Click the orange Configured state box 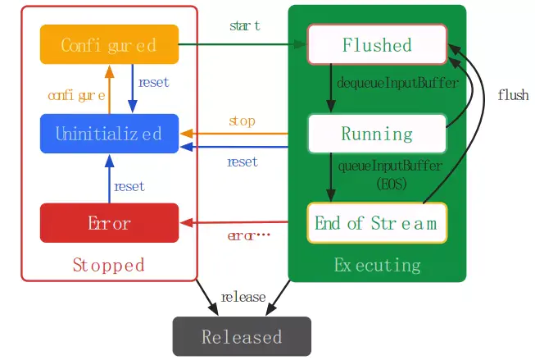coord(109,44)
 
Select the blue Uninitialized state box coord(109,133)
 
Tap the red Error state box coord(109,222)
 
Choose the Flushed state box coord(377,44)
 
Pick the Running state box coord(377,133)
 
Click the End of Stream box coord(377,222)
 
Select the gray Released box coord(242,336)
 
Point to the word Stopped coord(109,265)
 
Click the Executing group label coord(377,265)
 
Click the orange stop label coord(242,121)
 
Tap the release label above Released coord(243,297)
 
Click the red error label coord(247,236)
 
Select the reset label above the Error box coord(129,186)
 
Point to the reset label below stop coord(243,162)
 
